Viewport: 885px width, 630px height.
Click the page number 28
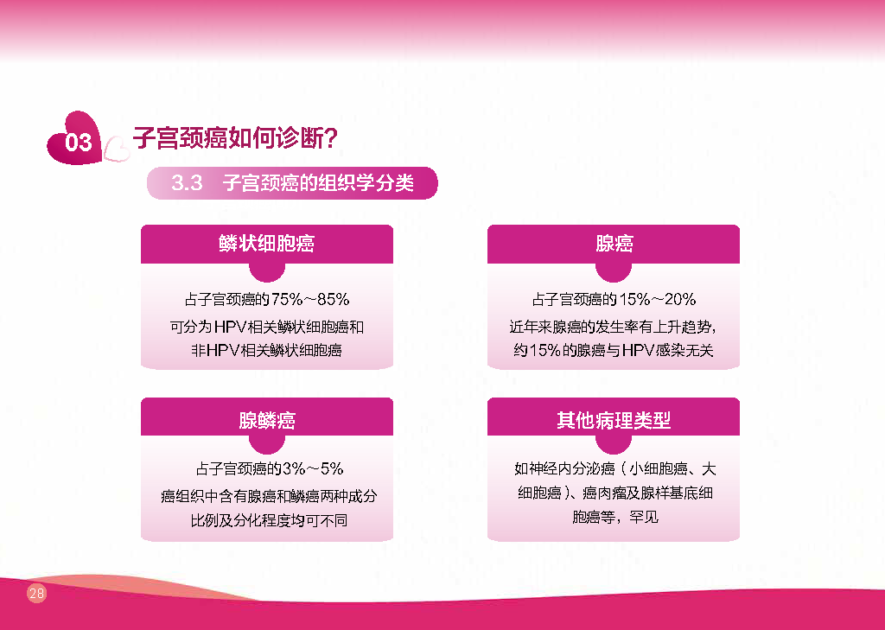(36, 594)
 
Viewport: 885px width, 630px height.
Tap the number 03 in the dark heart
(78, 143)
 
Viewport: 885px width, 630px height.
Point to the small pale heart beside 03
(117, 149)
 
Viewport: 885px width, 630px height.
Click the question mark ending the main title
(331, 137)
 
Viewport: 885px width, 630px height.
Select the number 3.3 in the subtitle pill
(187, 183)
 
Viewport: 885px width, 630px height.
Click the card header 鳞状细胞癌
(266, 244)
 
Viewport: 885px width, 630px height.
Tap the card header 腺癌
(614, 244)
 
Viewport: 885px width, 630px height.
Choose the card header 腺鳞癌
(267, 420)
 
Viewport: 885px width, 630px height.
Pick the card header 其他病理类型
(614, 420)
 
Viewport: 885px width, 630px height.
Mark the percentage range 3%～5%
(313, 468)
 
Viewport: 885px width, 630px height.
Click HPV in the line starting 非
(222, 351)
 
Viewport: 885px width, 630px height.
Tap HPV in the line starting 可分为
(232, 327)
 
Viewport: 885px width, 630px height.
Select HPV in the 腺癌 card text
(638, 351)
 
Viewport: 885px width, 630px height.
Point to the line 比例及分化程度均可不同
(269, 520)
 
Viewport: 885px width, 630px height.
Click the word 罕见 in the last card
(644, 517)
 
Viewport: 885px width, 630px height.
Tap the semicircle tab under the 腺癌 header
(614, 273)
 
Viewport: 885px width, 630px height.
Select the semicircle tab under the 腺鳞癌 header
(267, 445)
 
